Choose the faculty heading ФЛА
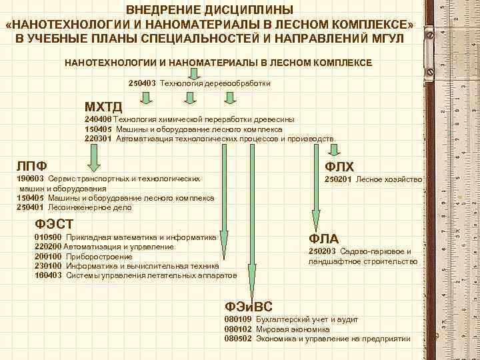tap(323, 239)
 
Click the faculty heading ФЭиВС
tap(249, 307)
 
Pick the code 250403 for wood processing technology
tap(142, 83)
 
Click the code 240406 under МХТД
tap(99, 119)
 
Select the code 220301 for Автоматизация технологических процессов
tap(99, 139)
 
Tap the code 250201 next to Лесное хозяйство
tap(338, 179)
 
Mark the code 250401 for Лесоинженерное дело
tap(29, 207)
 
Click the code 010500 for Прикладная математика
tap(47, 237)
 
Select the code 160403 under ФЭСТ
tap(47, 274)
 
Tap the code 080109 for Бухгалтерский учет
tap(238, 320)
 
